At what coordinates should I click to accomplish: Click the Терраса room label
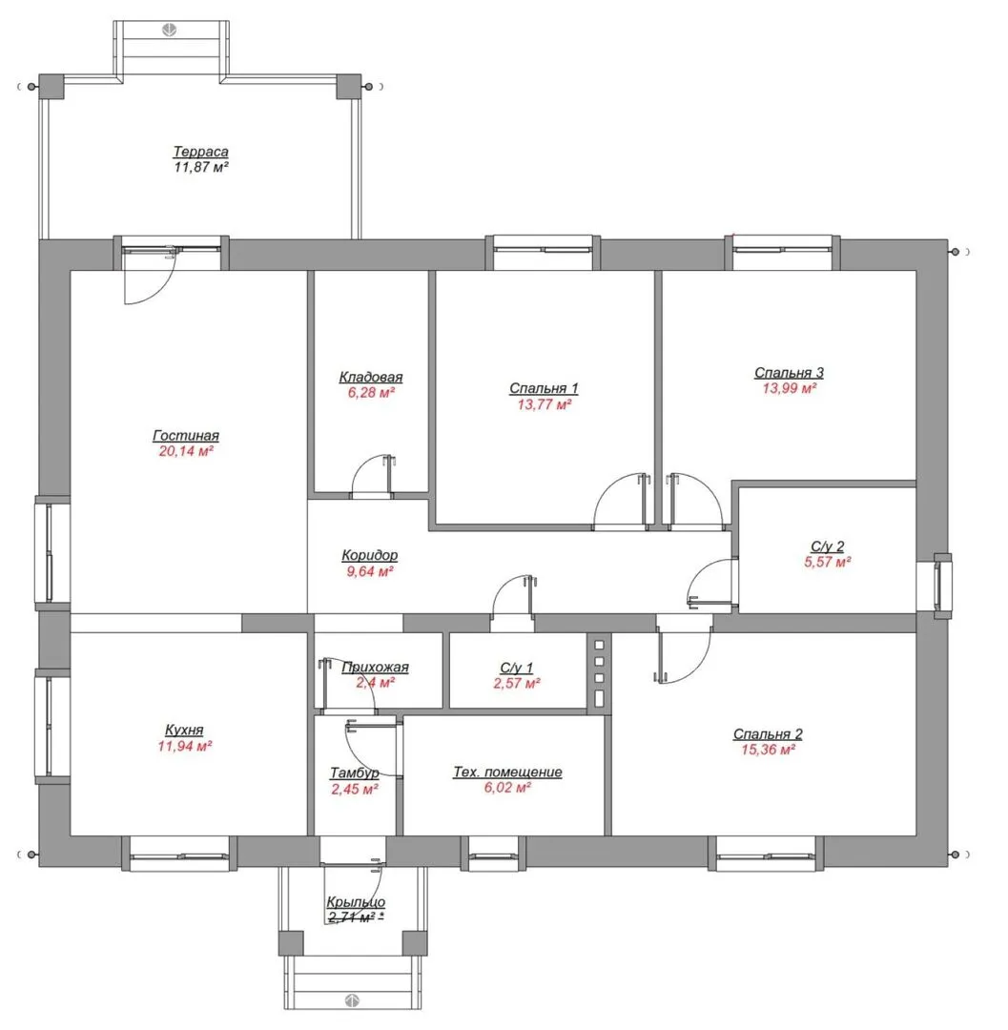200,152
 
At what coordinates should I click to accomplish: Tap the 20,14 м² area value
186,451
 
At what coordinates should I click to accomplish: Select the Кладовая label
371,377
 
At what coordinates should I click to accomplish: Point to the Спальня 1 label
544,388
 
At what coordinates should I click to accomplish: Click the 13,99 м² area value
790,388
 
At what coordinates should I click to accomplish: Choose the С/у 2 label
828,546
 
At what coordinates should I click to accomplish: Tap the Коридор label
370,556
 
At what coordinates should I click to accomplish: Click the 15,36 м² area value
769,750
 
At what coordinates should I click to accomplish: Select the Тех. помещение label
507,772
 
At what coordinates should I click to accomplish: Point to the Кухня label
184,731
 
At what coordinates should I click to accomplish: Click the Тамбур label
355,773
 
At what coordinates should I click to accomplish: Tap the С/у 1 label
517,668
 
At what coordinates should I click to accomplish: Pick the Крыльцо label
356,902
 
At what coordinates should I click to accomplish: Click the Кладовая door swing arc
362,464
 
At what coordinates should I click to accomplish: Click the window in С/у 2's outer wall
943,586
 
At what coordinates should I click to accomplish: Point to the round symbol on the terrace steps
170,30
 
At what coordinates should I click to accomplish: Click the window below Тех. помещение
493,855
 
